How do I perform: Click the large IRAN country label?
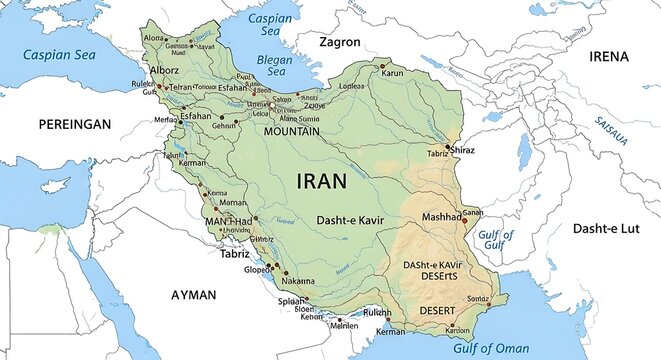coord(322,181)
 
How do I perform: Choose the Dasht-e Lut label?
coord(604,229)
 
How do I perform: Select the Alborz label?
coord(164,71)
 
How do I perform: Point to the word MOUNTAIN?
coord(292,131)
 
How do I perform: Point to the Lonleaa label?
coord(352,87)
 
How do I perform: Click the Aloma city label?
coord(154,37)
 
